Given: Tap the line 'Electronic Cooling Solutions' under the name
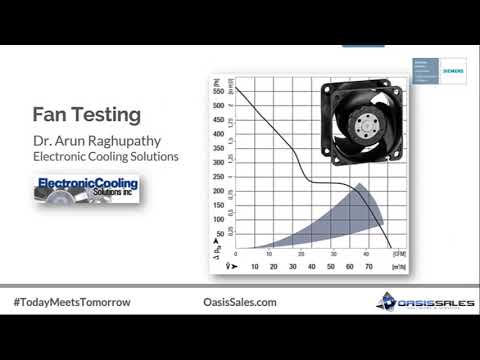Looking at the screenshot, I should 104,157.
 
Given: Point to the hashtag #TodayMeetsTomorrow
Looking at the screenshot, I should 72,301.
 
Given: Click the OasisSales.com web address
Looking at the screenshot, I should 232,301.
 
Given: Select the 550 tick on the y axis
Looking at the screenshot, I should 219,91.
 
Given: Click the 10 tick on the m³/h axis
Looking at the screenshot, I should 254,267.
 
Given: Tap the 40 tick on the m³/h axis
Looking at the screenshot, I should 311,267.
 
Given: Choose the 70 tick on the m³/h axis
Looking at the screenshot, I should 368,267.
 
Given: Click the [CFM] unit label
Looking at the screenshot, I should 398,254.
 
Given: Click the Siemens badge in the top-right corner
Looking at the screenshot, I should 431,72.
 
